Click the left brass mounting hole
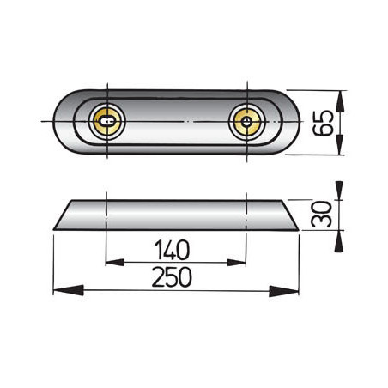click(106, 121)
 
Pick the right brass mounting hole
click(246, 121)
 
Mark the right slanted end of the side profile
click(286, 215)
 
